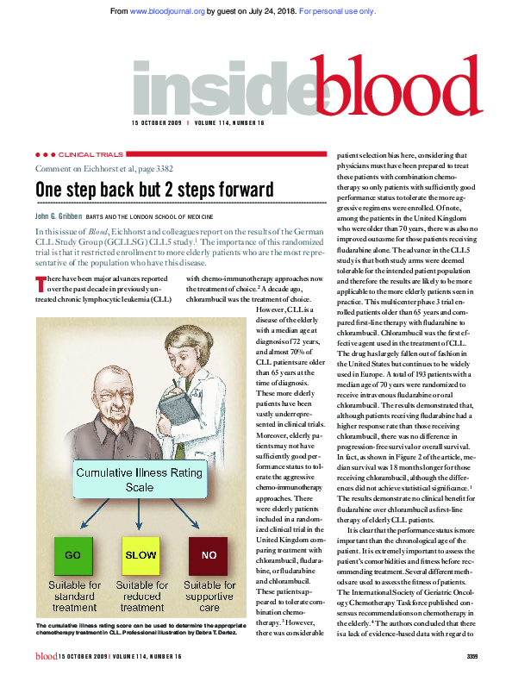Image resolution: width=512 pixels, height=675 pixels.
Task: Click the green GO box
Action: point(72,532)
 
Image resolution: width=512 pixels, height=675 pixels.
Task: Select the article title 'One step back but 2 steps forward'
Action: point(154,189)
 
